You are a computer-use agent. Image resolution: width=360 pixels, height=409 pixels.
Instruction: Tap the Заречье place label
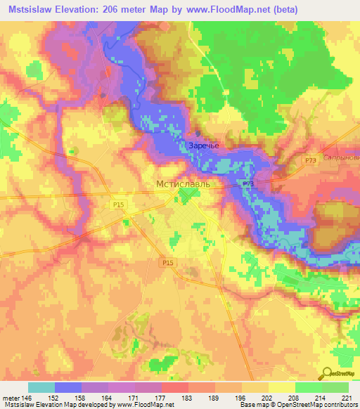pos(204,146)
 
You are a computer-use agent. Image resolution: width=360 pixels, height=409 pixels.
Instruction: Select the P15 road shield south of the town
pos(167,262)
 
